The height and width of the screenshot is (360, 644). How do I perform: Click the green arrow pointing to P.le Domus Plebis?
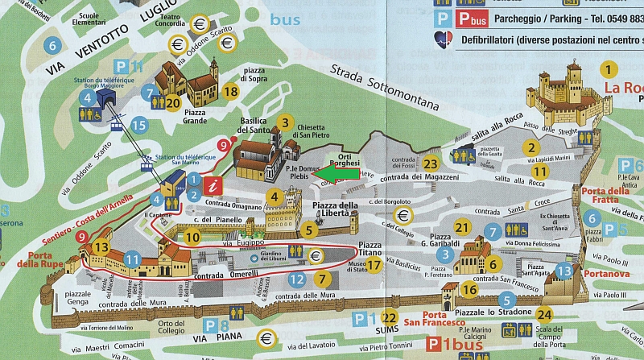(x=328, y=171)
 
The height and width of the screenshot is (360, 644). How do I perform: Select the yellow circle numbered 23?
(x=431, y=163)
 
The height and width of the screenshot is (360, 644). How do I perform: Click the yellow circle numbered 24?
(x=545, y=314)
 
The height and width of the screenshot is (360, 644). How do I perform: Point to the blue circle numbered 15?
(x=139, y=125)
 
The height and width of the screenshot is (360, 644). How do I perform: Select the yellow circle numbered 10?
(x=192, y=237)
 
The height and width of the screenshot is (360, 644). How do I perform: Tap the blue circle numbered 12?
(x=297, y=279)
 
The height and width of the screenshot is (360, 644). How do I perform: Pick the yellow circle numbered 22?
(x=390, y=317)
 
